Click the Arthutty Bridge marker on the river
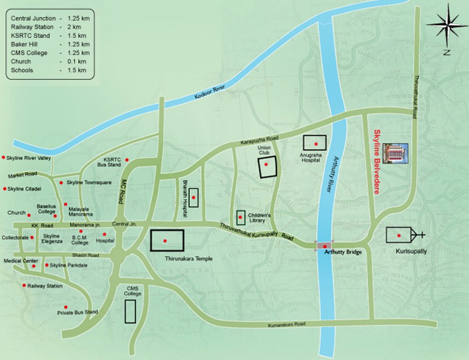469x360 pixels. [x=325, y=246]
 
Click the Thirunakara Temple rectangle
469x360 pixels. [x=166, y=240]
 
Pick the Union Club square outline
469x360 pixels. [x=266, y=167]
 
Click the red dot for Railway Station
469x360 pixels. [x=24, y=285]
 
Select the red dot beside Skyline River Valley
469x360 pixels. [x=4, y=158]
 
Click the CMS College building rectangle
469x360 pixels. [x=130, y=311]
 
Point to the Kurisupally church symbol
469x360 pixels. [x=404, y=235]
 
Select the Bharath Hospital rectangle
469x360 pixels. [x=193, y=198]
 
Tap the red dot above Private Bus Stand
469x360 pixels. [x=72, y=307]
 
